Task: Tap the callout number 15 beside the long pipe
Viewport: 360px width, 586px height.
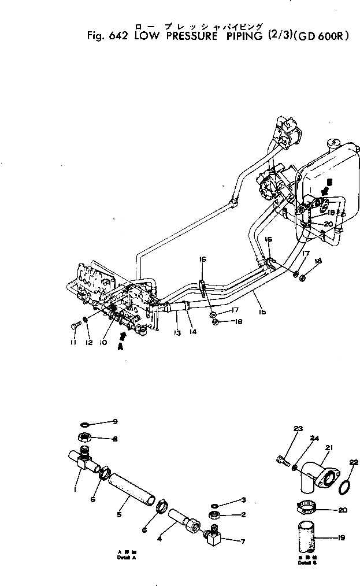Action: pyautogui.click(x=263, y=313)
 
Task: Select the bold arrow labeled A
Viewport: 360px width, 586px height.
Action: pyautogui.click(x=122, y=337)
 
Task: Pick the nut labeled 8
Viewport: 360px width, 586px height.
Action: pyautogui.click(x=83, y=438)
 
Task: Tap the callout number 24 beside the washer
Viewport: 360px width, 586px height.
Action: pyautogui.click(x=314, y=437)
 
